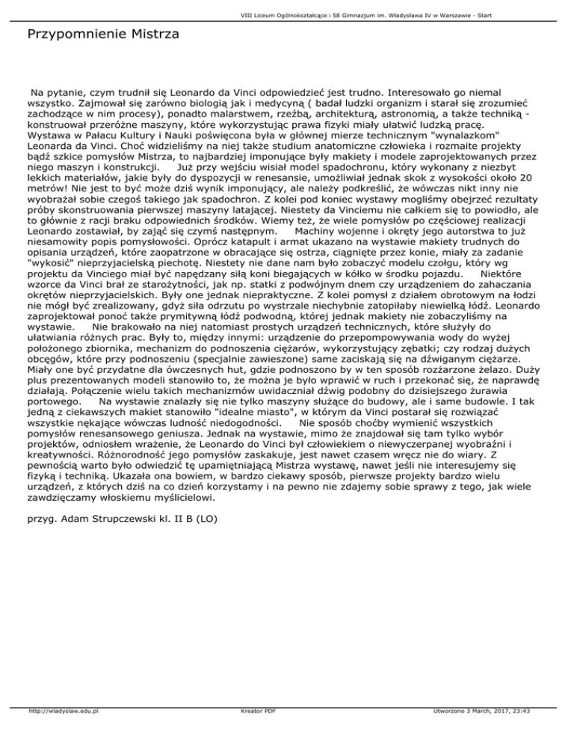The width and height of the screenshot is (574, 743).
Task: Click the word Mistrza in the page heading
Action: coord(149,34)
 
